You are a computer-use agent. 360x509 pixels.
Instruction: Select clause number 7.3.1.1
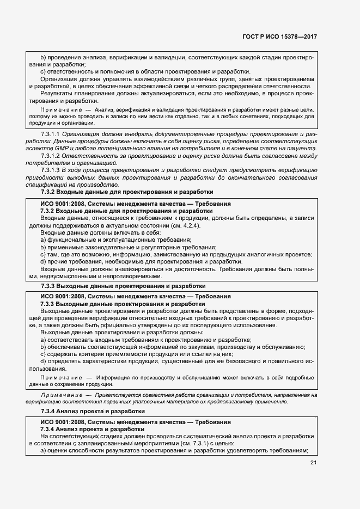(x=51, y=134)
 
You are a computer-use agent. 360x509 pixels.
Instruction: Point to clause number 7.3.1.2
(x=51, y=156)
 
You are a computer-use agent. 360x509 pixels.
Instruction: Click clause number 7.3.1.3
(x=51, y=170)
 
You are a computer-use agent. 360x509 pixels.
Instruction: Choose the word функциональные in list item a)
(x=72, y=240)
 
